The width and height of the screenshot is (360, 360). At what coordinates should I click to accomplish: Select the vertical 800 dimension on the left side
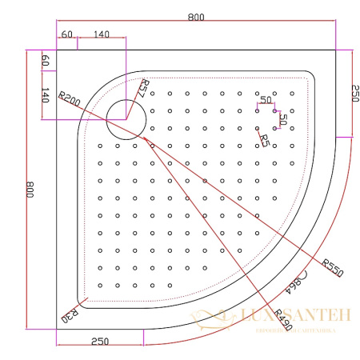coord(30,190)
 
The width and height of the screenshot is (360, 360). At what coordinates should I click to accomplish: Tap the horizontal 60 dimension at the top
coord(66,34)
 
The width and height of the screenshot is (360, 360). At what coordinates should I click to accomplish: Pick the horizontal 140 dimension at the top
coord(102,34)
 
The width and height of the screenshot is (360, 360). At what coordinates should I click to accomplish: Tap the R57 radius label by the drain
coord(144,88)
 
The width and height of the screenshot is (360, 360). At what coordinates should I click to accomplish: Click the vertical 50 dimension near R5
coord(282,118)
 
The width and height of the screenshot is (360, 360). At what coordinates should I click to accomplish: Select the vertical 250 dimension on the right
coord(352,93)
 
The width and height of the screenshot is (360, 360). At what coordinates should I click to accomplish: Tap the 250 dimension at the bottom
coord(100,342)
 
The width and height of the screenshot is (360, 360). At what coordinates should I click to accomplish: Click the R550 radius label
coord(331,266)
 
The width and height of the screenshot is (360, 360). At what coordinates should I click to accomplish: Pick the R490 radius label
coord(281,318)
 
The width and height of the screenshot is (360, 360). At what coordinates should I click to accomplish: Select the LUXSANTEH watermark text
coord(296,316)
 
